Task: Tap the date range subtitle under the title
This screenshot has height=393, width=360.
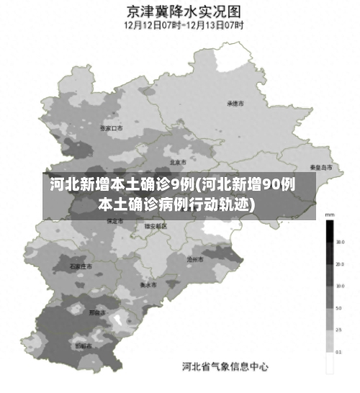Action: tap(184, 24)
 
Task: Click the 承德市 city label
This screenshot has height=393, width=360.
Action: tap(235, 103)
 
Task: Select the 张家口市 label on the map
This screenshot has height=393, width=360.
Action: tap(112, 127)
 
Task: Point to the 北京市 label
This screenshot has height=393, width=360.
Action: tap(178, 162)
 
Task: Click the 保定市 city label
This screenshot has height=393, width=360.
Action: tap(114, 222)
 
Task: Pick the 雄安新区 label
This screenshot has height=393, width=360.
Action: tap(156, 226)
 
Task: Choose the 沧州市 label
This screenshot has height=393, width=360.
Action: tap(195, 258)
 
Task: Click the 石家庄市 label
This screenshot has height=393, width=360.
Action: tap(81, 266)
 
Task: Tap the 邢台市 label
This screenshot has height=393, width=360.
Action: tap(97, 312)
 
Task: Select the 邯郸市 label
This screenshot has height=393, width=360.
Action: tap(84, 346)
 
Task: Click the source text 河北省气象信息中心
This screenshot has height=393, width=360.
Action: tap(225, 366)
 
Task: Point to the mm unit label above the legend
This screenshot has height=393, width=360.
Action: tap(330, 215)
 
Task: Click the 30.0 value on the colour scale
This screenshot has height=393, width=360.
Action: tap(339, 243)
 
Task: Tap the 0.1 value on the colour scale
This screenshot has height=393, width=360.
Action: tap(339, 352)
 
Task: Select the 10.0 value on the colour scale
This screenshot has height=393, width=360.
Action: tap(339, 286)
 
